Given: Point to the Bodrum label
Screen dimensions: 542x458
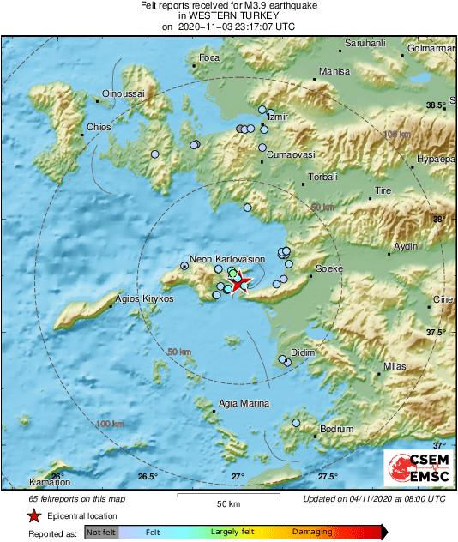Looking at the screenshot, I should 335,429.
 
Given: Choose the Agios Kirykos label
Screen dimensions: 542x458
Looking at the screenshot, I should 144,298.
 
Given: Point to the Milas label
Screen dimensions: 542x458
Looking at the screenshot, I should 395,366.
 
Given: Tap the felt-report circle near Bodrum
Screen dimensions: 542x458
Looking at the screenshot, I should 296,423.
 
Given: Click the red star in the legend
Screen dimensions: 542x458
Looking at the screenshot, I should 33,515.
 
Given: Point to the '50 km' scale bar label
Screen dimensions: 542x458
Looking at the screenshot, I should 227,503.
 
